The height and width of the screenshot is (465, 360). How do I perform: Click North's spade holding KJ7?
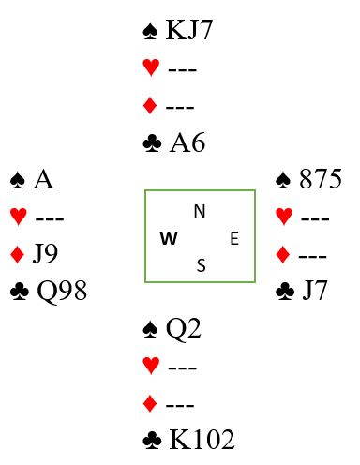click(x=189, y=30)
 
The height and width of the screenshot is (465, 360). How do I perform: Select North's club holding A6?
click(x=187, y=142)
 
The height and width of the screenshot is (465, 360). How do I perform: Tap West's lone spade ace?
click(x=43, y=180)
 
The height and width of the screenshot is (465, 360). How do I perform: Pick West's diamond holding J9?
click(x=45, y=254)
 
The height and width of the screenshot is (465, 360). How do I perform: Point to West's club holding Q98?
click(x=62, y=291)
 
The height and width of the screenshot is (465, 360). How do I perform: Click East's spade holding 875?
click(x=321, y=179)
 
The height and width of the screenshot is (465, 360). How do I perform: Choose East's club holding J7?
click(x=315, y=291)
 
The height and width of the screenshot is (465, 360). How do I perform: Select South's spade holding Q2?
click(x=184, y=328)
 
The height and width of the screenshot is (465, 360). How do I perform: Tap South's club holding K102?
click(x=202, y=439)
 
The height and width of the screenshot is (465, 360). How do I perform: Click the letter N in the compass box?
click(x=200, y=211)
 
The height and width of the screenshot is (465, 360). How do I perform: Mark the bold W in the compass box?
click(x=169, y=238)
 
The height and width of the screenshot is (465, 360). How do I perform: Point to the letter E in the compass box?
click(x=234, y=238)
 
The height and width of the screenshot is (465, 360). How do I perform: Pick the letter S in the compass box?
click(x=202, y=265)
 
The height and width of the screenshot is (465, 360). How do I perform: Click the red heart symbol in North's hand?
click(x=151, y=67)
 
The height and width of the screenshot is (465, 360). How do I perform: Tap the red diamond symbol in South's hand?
click(x=150, y=403)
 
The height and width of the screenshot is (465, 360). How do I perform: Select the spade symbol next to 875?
click(x=283, y=180)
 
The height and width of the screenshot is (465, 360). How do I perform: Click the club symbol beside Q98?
click(x=20, y=292)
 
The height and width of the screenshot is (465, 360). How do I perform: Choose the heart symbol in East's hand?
click(x=284, y=216)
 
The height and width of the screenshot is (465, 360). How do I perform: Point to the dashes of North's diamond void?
click(x=180, y=107)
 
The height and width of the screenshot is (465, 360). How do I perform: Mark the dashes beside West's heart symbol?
click(x=50, y=218)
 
